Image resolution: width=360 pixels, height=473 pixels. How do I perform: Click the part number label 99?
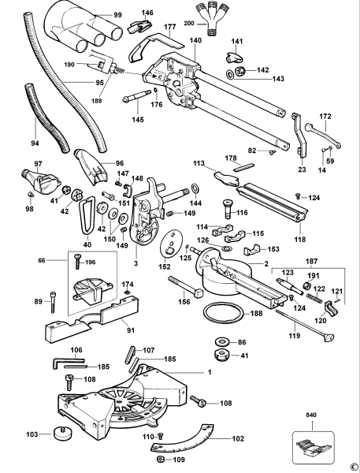[x=117, y=16]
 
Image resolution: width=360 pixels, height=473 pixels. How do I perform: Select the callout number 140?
[x=196, y=39]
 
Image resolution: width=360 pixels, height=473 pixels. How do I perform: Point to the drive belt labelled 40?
[x=87, y=215]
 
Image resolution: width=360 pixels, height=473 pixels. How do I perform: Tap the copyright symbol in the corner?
[x=354, y=467]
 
